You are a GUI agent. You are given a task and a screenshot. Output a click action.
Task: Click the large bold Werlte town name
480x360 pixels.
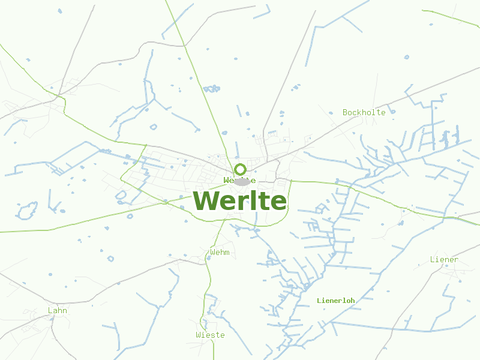pyautogui.click(x=240, y=200)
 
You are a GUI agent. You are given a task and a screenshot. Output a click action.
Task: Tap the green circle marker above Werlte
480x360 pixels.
pyautogui.click(x=240, y=169)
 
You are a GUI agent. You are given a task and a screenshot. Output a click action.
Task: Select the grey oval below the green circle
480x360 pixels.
pyautogui.click(x=241, y=181)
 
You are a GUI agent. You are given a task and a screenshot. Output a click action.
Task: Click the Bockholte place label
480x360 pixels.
pyautogui.click(x=364, y=112)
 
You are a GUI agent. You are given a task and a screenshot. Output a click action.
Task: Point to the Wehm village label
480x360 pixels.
pyautogui.click(x=220, y=253)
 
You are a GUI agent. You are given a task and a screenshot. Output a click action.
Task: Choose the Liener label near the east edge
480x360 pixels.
pyautogui.click(x=444, y=260)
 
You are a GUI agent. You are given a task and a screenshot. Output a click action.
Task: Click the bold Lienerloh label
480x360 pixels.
pyautogui.click(x=336, y=300)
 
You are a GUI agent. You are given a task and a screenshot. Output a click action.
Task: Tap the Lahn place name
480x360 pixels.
pyautogui.click(x=58, y=310)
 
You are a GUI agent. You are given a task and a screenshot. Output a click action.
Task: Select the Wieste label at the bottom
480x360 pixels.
pyautogui.click(x=210, y=335)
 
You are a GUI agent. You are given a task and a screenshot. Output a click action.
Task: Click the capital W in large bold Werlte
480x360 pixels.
pyautogui.click(x=205, y=200)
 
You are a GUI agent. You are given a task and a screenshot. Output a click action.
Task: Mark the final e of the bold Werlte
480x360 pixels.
pyautogui.click(x=278, y=202)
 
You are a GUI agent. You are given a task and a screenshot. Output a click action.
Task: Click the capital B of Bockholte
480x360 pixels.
pyautogui.click(x=345, y=112)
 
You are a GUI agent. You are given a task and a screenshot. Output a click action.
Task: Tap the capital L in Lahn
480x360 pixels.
pyautogui.click(x=50, y=310)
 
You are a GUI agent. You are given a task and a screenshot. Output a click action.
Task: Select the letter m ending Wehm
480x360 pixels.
pyautogui.click(x=227, y=253)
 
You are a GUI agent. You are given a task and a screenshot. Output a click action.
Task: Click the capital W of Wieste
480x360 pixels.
pyautogui.click(x=199, y=335)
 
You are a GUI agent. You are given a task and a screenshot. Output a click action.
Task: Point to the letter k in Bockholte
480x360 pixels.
pyautogui.click(x=359, y=112)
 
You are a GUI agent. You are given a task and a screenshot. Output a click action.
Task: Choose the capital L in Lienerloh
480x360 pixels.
pyautogui.click(x=319, y=300)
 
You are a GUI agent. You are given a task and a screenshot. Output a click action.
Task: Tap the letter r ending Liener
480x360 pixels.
pyautogui.click(x=456, y=260)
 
